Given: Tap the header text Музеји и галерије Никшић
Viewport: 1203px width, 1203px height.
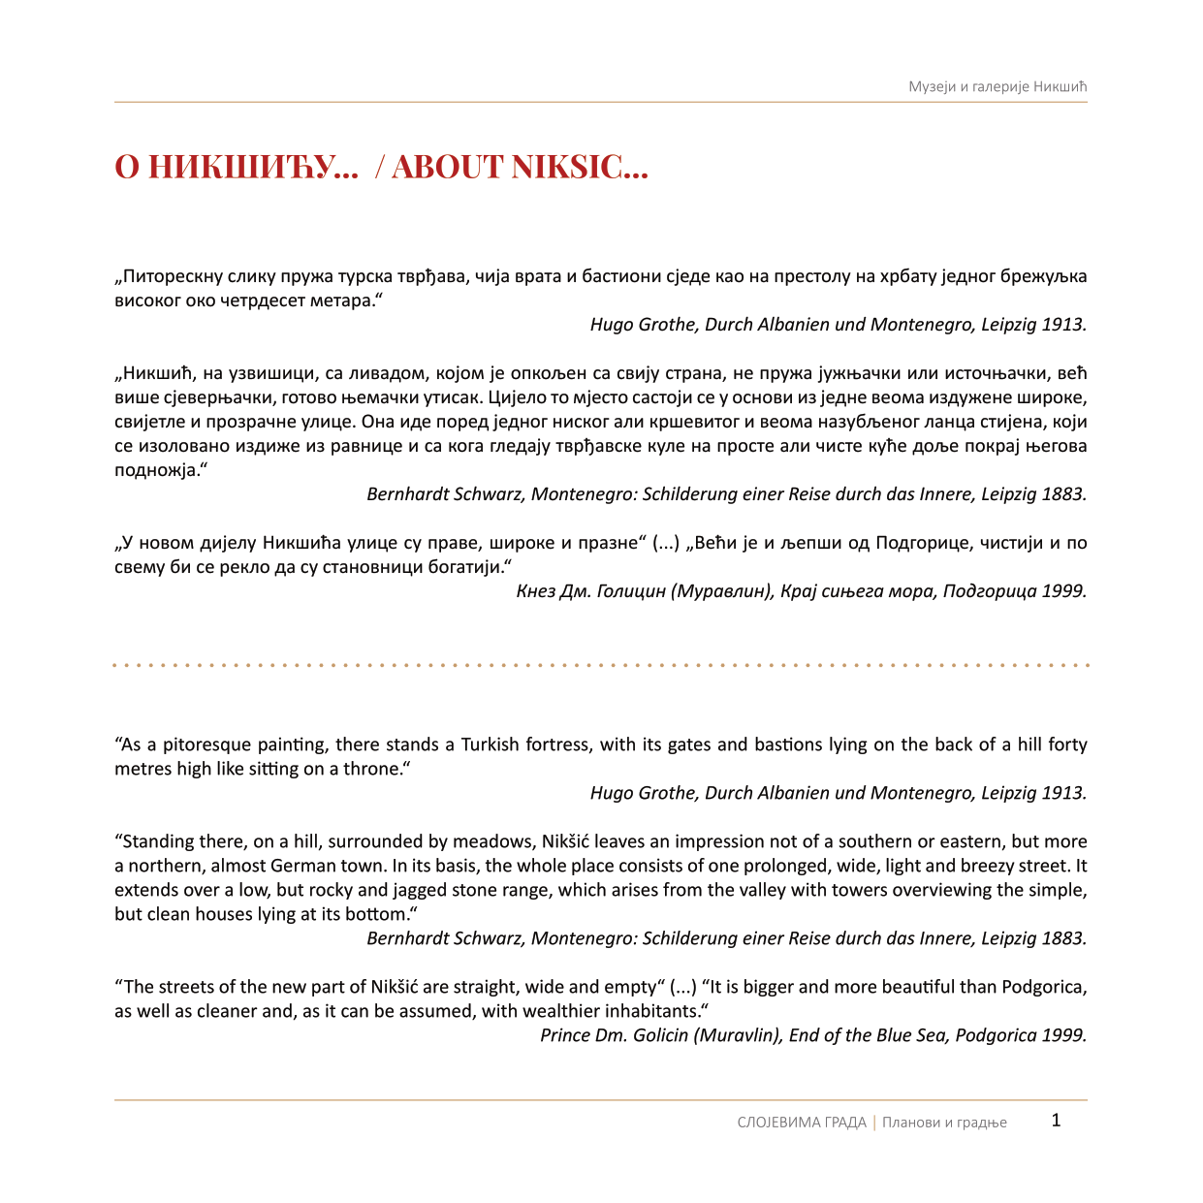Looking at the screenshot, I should pos(997,87).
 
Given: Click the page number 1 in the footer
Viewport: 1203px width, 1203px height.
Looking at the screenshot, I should pos(1056,1121).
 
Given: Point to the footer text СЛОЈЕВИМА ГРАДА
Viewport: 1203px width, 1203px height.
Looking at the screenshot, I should pos(802,1123).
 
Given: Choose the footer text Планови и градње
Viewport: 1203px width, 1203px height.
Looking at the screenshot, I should pos(944,1123).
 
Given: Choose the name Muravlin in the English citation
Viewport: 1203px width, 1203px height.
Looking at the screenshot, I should pos(737,1035).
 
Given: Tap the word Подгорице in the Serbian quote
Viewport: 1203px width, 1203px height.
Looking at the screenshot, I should pos(919,543).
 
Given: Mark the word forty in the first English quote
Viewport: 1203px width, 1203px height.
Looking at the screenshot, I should pos(1067,744).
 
